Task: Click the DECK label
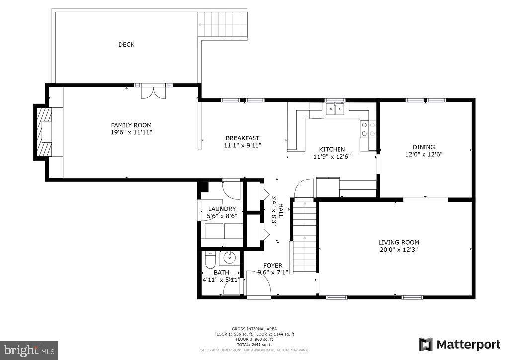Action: pos(126,45)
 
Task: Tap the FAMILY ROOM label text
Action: pos(131,125)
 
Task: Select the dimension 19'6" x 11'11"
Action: pos(131,132)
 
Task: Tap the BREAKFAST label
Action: pos(243,138)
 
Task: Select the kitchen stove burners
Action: pos(368,129)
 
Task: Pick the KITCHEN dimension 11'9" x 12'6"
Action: pos(332,157)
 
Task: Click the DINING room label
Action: pos(424,147)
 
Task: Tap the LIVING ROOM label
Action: pos(398,242)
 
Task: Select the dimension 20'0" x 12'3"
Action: pos(398,250)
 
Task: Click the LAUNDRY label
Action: pos(222,209)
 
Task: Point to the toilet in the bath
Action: pos(210,260)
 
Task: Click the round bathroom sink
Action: pos(230,258)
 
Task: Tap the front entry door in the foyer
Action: pos(258,287)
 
